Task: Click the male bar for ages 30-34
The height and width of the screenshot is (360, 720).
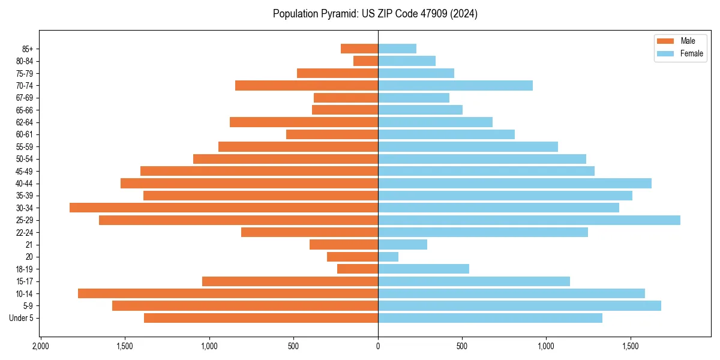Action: pos(224,208)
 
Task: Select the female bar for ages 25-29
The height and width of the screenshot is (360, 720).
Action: pos(529,220)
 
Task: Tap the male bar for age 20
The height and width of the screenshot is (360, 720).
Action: pos(352,257)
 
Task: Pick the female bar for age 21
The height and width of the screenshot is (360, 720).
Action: pos(403,244)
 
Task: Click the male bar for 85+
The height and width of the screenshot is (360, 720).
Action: pos(359,49)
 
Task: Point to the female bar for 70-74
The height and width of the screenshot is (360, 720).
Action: pos(455,85)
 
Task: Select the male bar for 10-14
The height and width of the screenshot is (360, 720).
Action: pos(228,293)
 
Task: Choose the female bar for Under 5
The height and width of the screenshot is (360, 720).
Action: pos(490,318)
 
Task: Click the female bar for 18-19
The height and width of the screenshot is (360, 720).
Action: pos(424,269)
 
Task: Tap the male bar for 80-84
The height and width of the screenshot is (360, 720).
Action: pos(365,61)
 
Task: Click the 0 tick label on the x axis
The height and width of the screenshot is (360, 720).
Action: pos(378,347)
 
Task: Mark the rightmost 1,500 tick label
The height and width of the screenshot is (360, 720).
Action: pos(631,347)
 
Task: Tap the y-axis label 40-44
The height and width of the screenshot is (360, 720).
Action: pos(24,184)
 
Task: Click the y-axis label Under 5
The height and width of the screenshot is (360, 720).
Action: pos(21,318)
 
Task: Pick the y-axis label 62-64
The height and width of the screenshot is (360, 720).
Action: pos(24,122)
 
